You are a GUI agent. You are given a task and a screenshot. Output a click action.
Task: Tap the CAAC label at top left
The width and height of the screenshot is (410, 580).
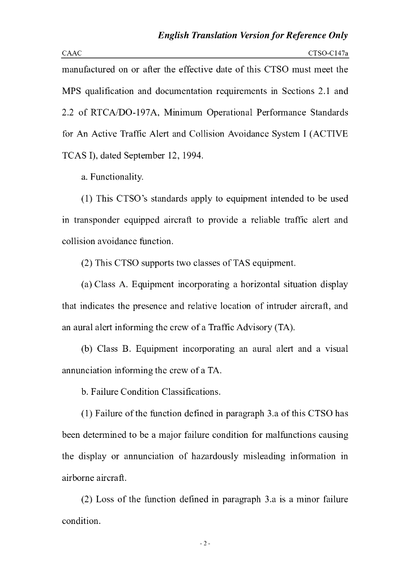[x=71, y=53]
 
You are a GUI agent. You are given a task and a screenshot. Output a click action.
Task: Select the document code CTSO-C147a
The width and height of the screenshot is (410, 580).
[x=328, y=53]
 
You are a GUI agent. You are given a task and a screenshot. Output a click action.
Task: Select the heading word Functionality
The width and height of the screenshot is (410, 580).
[x=117, y=177]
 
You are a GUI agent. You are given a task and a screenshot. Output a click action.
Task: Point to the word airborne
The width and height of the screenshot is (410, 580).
[x=78, y=478]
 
